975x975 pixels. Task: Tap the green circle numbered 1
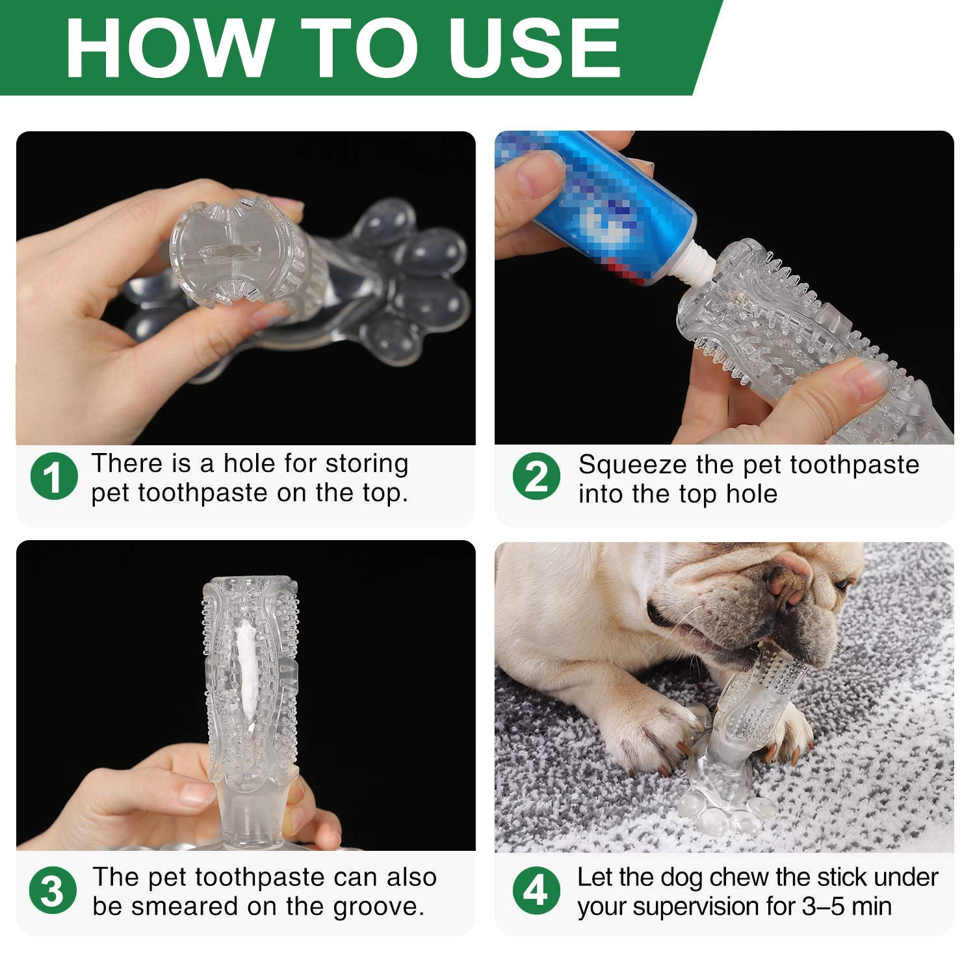coord(54,476)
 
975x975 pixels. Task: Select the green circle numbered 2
coord(536,476)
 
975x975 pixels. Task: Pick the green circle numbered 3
coord(53,890)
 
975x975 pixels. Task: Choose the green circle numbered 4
coord(536,890)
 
